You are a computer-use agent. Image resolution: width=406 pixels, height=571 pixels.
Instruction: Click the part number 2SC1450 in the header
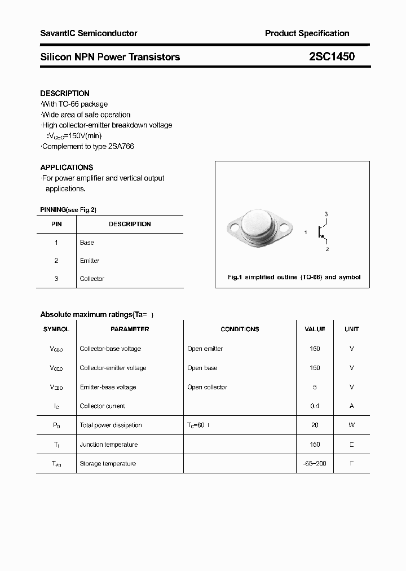coord(332,56)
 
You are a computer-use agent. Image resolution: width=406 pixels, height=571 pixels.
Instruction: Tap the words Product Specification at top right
coord(307,33)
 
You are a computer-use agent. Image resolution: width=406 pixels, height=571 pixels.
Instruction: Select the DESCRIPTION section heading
coord(65,93)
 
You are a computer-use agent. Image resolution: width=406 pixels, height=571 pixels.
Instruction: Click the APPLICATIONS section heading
coord(67,168)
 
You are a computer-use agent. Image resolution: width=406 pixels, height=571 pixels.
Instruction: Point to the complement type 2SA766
coord(122,146)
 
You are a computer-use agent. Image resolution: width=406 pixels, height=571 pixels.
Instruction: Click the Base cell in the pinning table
coord(87,243)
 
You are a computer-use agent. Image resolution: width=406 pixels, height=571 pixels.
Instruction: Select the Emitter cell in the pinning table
coord(90,261)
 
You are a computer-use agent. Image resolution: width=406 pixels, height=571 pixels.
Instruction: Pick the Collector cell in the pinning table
coord(92,279)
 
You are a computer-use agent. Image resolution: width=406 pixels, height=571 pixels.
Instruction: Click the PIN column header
coord(56,224)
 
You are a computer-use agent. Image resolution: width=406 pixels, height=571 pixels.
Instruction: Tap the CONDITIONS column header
coord(240,329)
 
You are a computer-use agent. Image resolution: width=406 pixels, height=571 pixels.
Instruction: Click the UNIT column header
coord(351,329)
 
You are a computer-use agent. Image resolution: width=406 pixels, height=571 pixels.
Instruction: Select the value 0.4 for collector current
coord(315,406)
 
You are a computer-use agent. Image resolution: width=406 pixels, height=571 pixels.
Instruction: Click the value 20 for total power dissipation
coord(315,425)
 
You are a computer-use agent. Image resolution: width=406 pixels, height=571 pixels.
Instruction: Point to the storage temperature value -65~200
coord(315,464)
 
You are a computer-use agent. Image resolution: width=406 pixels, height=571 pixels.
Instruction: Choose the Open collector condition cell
coord(207,387)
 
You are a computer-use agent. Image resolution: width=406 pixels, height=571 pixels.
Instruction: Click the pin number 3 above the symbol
coord(326,214)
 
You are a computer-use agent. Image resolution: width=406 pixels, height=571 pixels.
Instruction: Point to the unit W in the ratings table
coord(351,425)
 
